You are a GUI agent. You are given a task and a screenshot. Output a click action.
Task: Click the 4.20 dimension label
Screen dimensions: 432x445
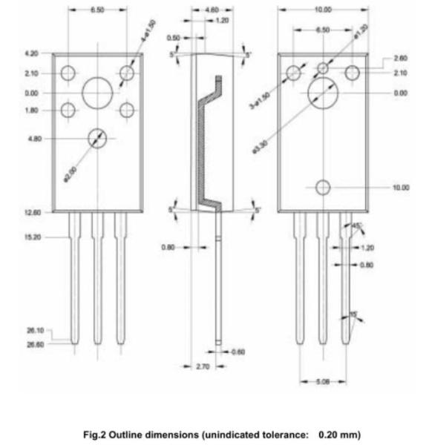pyautogui.click(x=31, y=53)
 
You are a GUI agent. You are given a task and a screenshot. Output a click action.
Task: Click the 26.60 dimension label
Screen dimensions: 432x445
pyautogui.click(x=35, y=344)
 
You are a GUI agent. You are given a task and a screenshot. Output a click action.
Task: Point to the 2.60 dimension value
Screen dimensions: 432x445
pyautogui.click(x=400, y=58)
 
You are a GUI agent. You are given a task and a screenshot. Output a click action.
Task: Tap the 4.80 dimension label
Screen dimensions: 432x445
pyautogui.click(x=33, y=138)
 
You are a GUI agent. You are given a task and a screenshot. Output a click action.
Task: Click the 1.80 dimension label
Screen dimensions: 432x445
pyautogui.click(x=31, y=111)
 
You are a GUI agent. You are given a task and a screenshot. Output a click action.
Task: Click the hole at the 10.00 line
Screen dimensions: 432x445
pyautogui.click(x=323, y=188)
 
